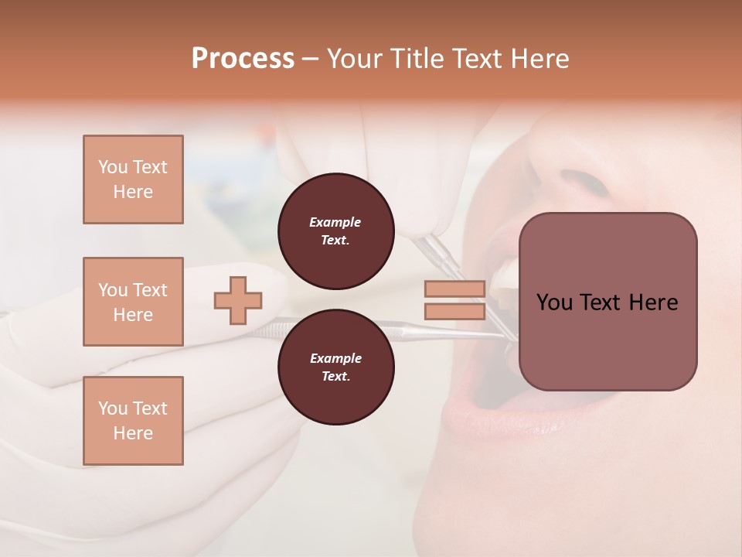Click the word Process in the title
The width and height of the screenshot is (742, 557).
pyautogui.click(x=243, y=59)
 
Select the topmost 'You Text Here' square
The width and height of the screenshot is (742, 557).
pyautogui.click(x=133, y=179)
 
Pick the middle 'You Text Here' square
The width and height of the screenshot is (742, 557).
pyautogui.click(x=133, y=302)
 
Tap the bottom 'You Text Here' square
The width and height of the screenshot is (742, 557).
pyautogui.click(x=133, y=421)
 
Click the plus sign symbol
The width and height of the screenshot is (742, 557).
pyautogui.click(x=238, y=301)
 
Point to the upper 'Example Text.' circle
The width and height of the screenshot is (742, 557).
pyautogui.click(x=335, y=231)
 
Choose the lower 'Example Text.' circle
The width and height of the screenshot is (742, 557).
pyautogui.click(x=335, y=367)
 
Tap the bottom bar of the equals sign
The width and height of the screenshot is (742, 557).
pyautogui.click(x=454, y=311)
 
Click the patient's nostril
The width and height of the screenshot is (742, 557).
pyautogui.click(x=585, y=182)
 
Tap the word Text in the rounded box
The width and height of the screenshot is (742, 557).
pyautogui.click(x=601, y=302)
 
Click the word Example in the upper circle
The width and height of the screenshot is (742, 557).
pyautogui.click(x=335, y=222)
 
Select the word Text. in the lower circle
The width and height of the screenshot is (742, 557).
pyautogui.click(x=335, y=377)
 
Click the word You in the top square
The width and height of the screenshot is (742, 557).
pyautogui.click(x=111, y=167)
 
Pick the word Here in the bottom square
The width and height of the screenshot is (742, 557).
pyautogui.click(x=133, y=433)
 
